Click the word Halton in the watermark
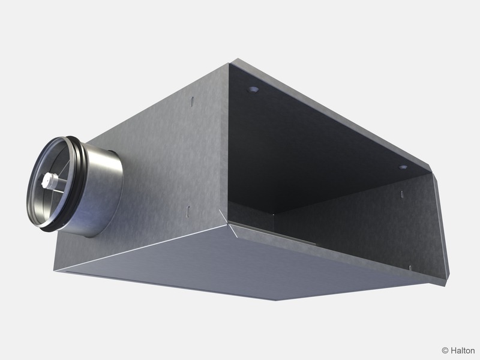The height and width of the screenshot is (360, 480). (x=462, y=350)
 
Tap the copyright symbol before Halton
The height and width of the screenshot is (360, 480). (x=445, y=350)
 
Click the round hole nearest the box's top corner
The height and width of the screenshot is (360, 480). (x=253, y=90)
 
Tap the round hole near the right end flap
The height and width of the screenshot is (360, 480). (x=403, y=167)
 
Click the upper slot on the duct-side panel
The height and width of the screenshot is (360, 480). (x=192, y=102)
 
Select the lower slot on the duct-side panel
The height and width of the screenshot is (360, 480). (x=188, y=211)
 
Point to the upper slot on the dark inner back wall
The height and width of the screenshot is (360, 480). (x=401, y=194)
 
